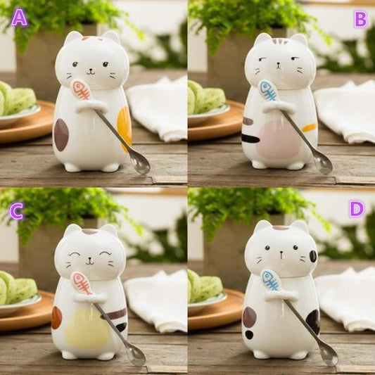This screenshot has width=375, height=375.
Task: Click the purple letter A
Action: click(20, 18)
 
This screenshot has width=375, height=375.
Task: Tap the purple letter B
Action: click(360, 20)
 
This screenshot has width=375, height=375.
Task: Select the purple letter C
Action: click(17, 211)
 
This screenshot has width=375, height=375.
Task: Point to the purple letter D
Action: click(357, 209)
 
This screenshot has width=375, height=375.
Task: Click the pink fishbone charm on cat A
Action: click(81, 89)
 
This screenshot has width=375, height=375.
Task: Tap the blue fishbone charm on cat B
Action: click(268, 91)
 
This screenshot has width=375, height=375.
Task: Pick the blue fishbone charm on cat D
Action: click(271, 280)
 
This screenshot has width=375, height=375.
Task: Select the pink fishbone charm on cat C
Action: click(82, 283)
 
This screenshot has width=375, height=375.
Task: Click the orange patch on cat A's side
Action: click(125, 129)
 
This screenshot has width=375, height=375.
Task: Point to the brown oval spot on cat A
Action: click(61, 135)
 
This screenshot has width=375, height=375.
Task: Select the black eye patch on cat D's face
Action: click(313, 256)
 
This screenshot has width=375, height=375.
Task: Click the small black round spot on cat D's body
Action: click(249, 335)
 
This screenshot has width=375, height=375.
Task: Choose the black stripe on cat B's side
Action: click(250, 138)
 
